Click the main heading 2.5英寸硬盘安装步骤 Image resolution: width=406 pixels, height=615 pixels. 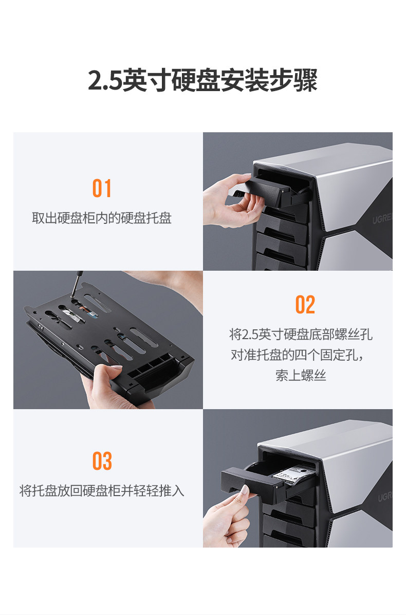202,80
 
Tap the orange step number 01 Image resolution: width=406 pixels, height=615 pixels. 102,188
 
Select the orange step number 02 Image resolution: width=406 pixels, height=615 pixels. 305,305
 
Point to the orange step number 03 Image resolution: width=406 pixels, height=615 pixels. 102,461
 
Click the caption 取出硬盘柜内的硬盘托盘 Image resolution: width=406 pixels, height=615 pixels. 102,218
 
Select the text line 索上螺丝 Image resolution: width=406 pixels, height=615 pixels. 301,375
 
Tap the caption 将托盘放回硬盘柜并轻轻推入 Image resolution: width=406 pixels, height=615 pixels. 102,490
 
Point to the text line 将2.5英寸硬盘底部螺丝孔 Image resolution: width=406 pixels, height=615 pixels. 301,335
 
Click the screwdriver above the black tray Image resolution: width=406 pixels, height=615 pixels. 76,284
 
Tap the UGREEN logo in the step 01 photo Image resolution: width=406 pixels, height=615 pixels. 382,218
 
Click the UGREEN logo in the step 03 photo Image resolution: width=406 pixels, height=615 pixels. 384,496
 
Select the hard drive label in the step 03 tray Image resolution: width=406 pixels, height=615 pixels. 293,474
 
